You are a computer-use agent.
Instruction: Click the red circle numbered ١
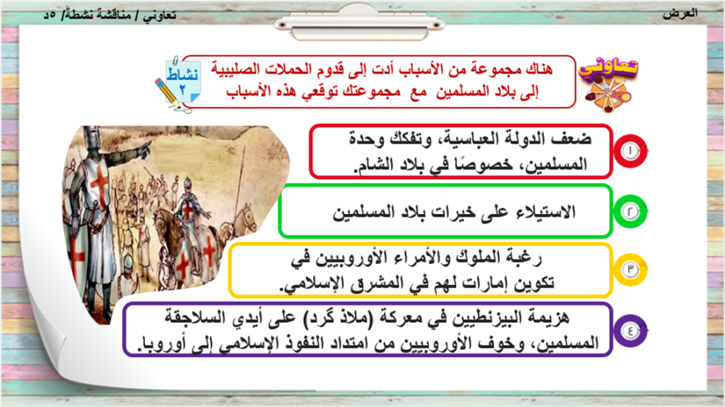tap(630, 151)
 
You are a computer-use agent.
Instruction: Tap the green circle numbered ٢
tap(630, 211)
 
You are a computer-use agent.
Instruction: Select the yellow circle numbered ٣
tap(630, 270)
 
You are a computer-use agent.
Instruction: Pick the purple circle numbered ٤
tap(630, 330)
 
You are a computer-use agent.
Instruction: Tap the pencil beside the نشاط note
tap(167, 94)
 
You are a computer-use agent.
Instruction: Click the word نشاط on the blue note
tap(183, 74)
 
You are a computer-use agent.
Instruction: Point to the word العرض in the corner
tap(680, 13)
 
